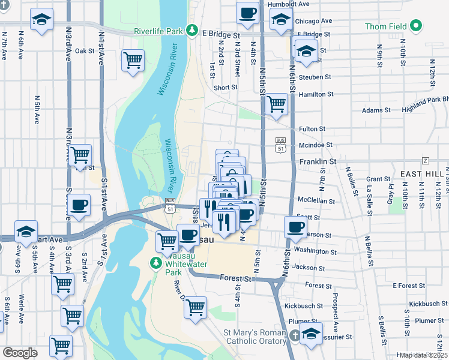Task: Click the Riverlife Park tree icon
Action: pos(191,29)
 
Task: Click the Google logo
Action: pos(20,353)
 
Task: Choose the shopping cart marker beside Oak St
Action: pos(133,60)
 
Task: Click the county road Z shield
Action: pos(426,160)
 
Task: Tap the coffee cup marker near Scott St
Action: pos(295,226)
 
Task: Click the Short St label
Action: pos(225,87)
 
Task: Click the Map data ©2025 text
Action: pos(423,355)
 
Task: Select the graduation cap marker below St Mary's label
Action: pos(311,334)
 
